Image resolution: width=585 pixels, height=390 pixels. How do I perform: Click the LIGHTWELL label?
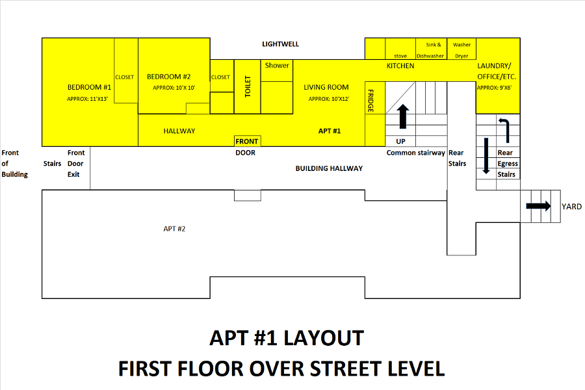point(280,44)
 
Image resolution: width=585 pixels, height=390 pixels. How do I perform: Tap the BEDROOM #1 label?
point(89,87)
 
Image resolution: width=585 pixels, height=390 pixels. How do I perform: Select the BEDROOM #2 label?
point(168,77)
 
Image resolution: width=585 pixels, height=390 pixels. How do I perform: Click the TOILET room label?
point(248,86)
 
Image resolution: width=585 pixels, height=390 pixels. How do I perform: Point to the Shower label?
point(277,65)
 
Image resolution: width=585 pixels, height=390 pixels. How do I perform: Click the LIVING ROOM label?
point(326,87)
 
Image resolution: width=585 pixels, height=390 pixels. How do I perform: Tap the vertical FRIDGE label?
point(370,101)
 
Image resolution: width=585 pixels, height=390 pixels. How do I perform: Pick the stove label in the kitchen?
point(400,56)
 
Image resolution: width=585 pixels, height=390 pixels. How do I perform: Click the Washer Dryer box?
point(461,49)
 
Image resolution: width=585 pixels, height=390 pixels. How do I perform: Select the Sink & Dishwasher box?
point(432,49)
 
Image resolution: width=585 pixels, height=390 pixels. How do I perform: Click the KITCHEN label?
point(400,66)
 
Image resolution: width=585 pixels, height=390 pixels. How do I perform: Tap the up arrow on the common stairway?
point(402,116)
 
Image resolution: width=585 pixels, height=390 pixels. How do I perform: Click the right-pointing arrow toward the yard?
point(538,206)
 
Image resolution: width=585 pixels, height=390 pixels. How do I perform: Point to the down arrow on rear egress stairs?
point(486,156)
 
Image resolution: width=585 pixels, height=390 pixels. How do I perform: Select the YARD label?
point(571,207)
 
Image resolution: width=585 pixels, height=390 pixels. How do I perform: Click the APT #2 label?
point(174,229)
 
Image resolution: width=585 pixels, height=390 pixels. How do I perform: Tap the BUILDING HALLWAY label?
point(329,169)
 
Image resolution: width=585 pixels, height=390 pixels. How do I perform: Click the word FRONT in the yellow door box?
point(246,142)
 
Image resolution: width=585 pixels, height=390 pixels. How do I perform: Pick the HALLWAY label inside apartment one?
point(179,131)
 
